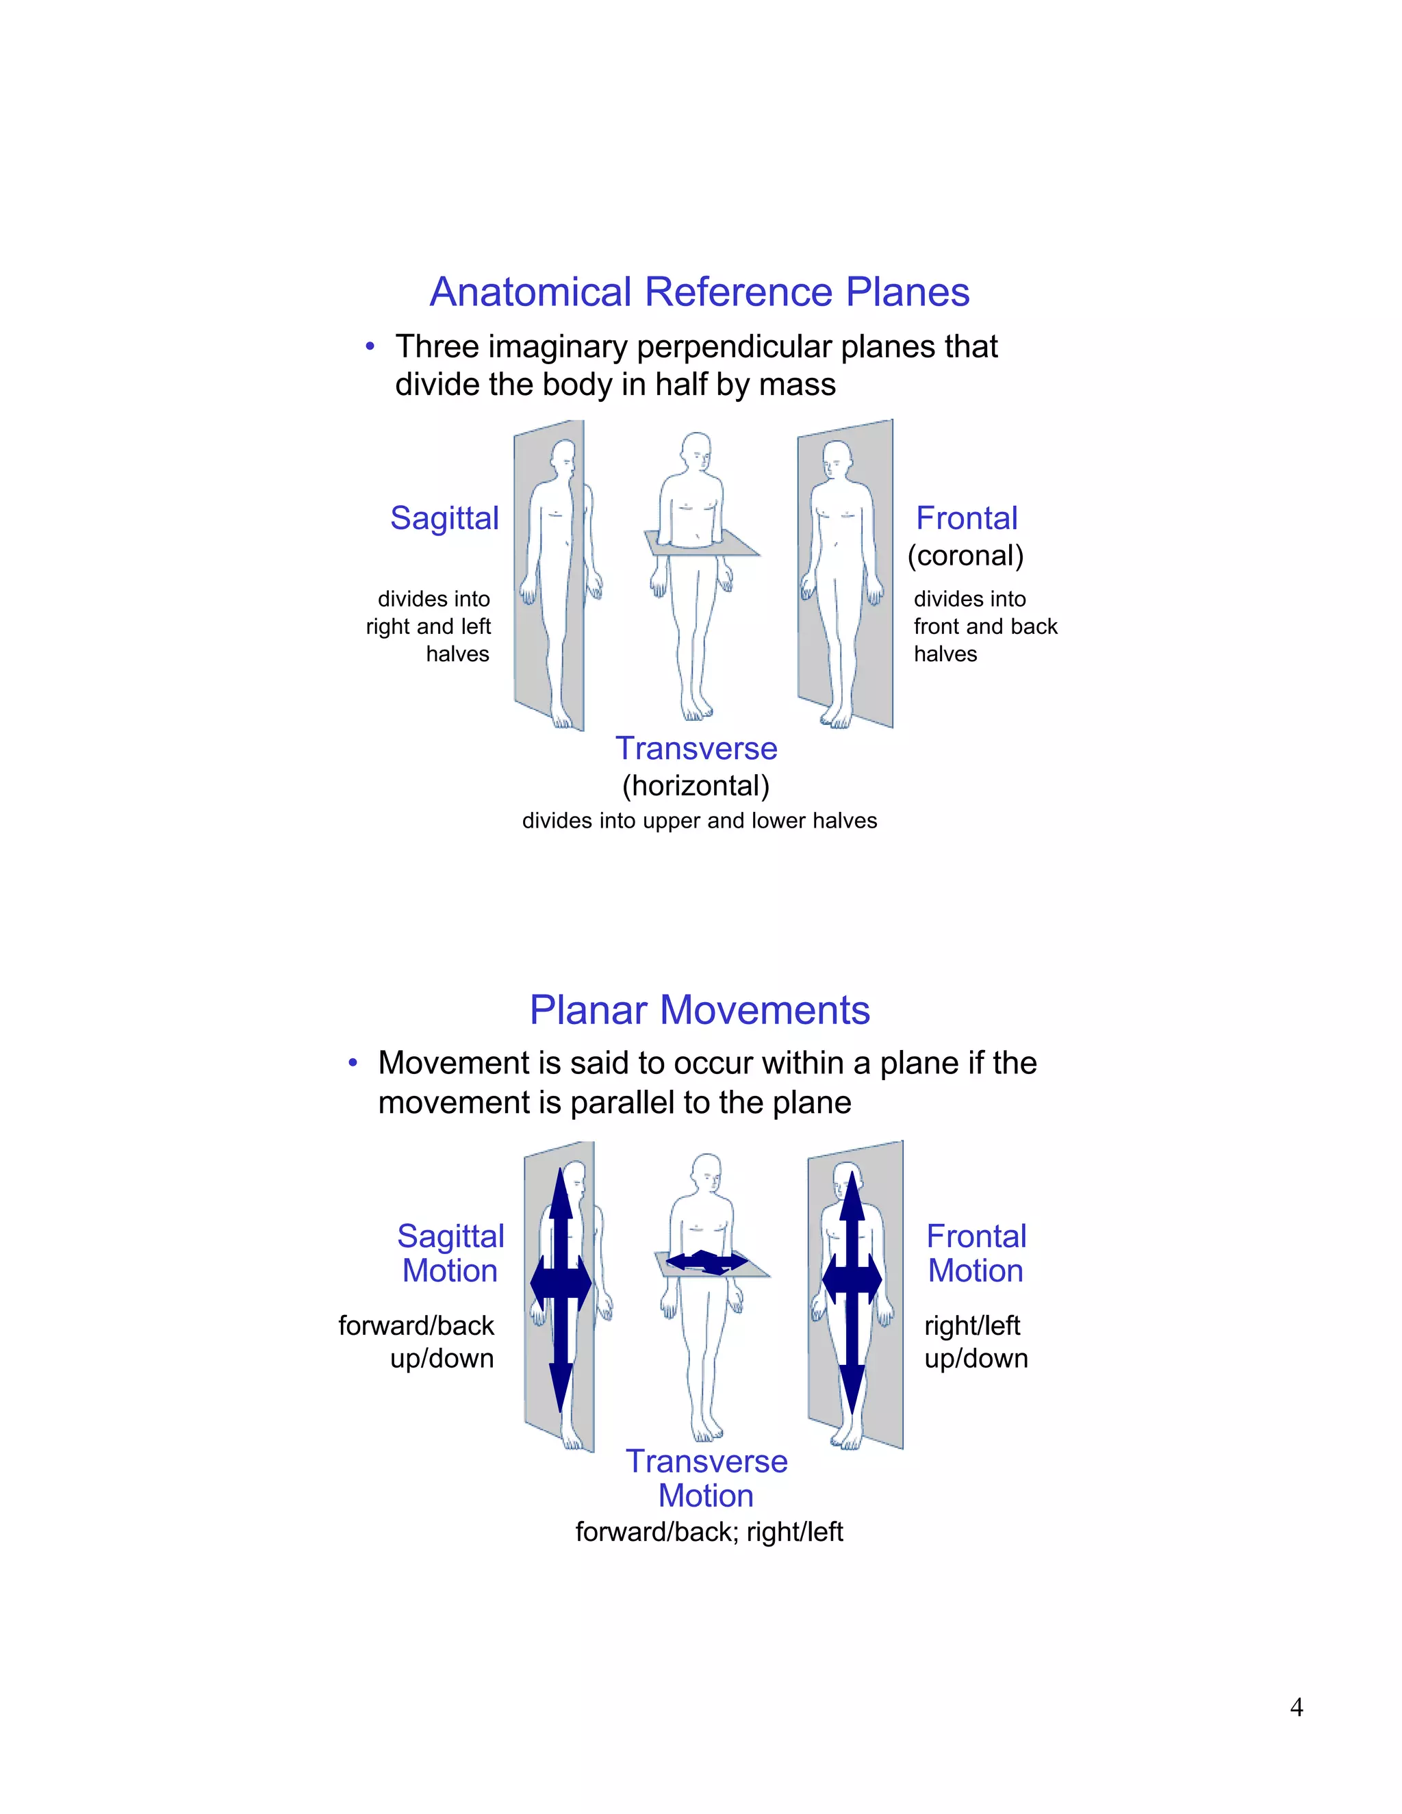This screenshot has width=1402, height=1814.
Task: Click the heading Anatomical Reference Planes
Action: (x=700, y=292)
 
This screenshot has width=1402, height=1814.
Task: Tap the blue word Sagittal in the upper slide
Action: (x=444, y=518)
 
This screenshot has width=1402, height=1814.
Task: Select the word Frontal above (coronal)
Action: (x=966, y=518)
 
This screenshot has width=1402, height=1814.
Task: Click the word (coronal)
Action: (x=965, y=556)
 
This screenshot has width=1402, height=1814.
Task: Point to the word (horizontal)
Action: (x=696, y=786)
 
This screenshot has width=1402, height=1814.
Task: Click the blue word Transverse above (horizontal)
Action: (x=696, y=748)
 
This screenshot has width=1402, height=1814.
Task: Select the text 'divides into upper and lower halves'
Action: (x=700, y=821)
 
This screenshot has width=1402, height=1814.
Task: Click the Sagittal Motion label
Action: (x=450, y=1253)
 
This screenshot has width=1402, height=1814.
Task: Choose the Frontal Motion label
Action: (x=976, y=1253)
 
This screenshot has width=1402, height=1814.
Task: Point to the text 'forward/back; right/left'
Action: (x=709, y=1531)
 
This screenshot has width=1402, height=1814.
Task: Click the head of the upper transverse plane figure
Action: (x=696, y=450)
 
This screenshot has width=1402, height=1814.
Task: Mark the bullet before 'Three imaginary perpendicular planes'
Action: (x=370, y=346)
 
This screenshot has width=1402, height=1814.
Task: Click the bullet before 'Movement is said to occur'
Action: (x=353, y=1063)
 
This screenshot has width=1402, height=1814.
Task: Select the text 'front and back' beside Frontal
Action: (x=985, y=626)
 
